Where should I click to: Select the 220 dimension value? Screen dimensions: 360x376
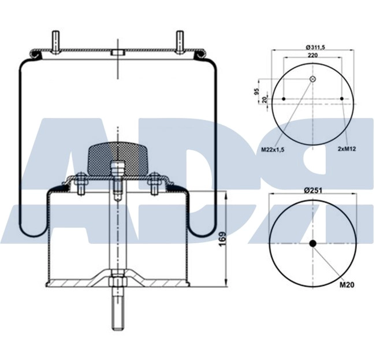312,55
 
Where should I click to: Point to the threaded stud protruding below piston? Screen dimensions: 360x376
116,312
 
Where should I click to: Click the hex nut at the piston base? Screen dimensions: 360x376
116,282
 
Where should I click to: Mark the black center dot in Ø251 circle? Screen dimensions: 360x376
312,243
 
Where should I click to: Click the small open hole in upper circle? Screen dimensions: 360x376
312,79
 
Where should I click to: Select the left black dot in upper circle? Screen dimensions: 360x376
284,99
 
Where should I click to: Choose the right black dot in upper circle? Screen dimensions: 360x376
342,99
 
